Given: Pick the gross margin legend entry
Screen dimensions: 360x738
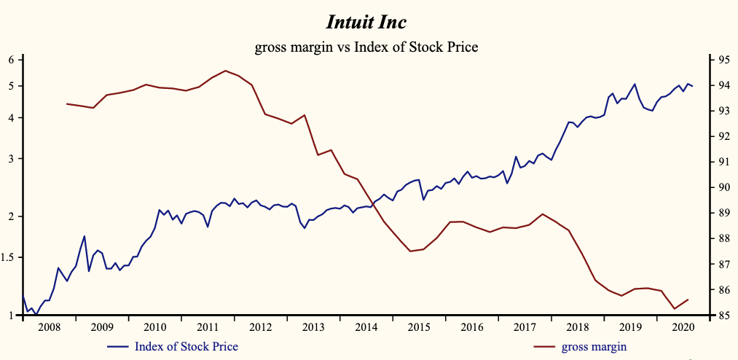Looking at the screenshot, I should [x=594, y=346].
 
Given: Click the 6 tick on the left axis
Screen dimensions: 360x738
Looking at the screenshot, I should [x=12, y=59].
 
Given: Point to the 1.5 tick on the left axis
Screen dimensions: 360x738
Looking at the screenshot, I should [x=9, y=257].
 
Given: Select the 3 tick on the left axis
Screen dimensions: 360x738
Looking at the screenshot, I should [x=12, y=159].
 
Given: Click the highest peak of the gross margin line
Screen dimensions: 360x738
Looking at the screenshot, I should [x=225, y=71].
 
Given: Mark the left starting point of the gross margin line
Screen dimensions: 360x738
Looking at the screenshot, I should [x=67, y=103].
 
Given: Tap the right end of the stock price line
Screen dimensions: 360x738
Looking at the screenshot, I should [x=692, y=87].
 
